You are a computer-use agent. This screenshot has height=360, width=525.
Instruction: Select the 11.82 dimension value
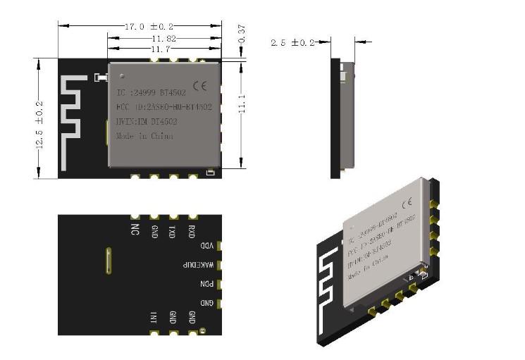[163, 39]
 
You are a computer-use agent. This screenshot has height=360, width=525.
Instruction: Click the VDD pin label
[206, 246]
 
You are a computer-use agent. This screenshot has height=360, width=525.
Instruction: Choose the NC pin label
[135, 230]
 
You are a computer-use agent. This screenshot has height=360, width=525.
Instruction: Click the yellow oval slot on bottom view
[108, 260]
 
